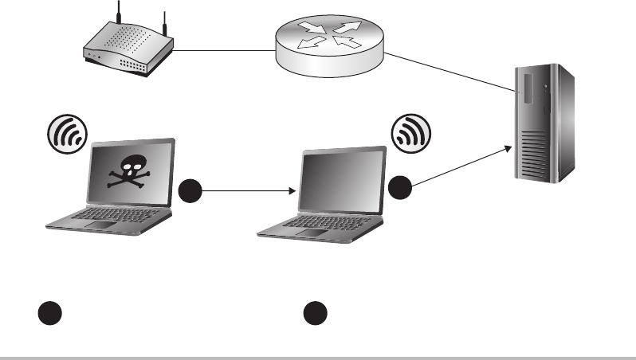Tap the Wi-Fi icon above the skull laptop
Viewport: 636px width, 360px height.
pyautogui.click(x=67, y=133)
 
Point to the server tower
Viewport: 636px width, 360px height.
pyautogui.click(x=545, y=123)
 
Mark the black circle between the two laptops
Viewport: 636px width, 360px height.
pyautogui.click(x=188, y=191)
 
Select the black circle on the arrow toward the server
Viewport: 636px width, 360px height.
pyautogui.click(x=401, y=188)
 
